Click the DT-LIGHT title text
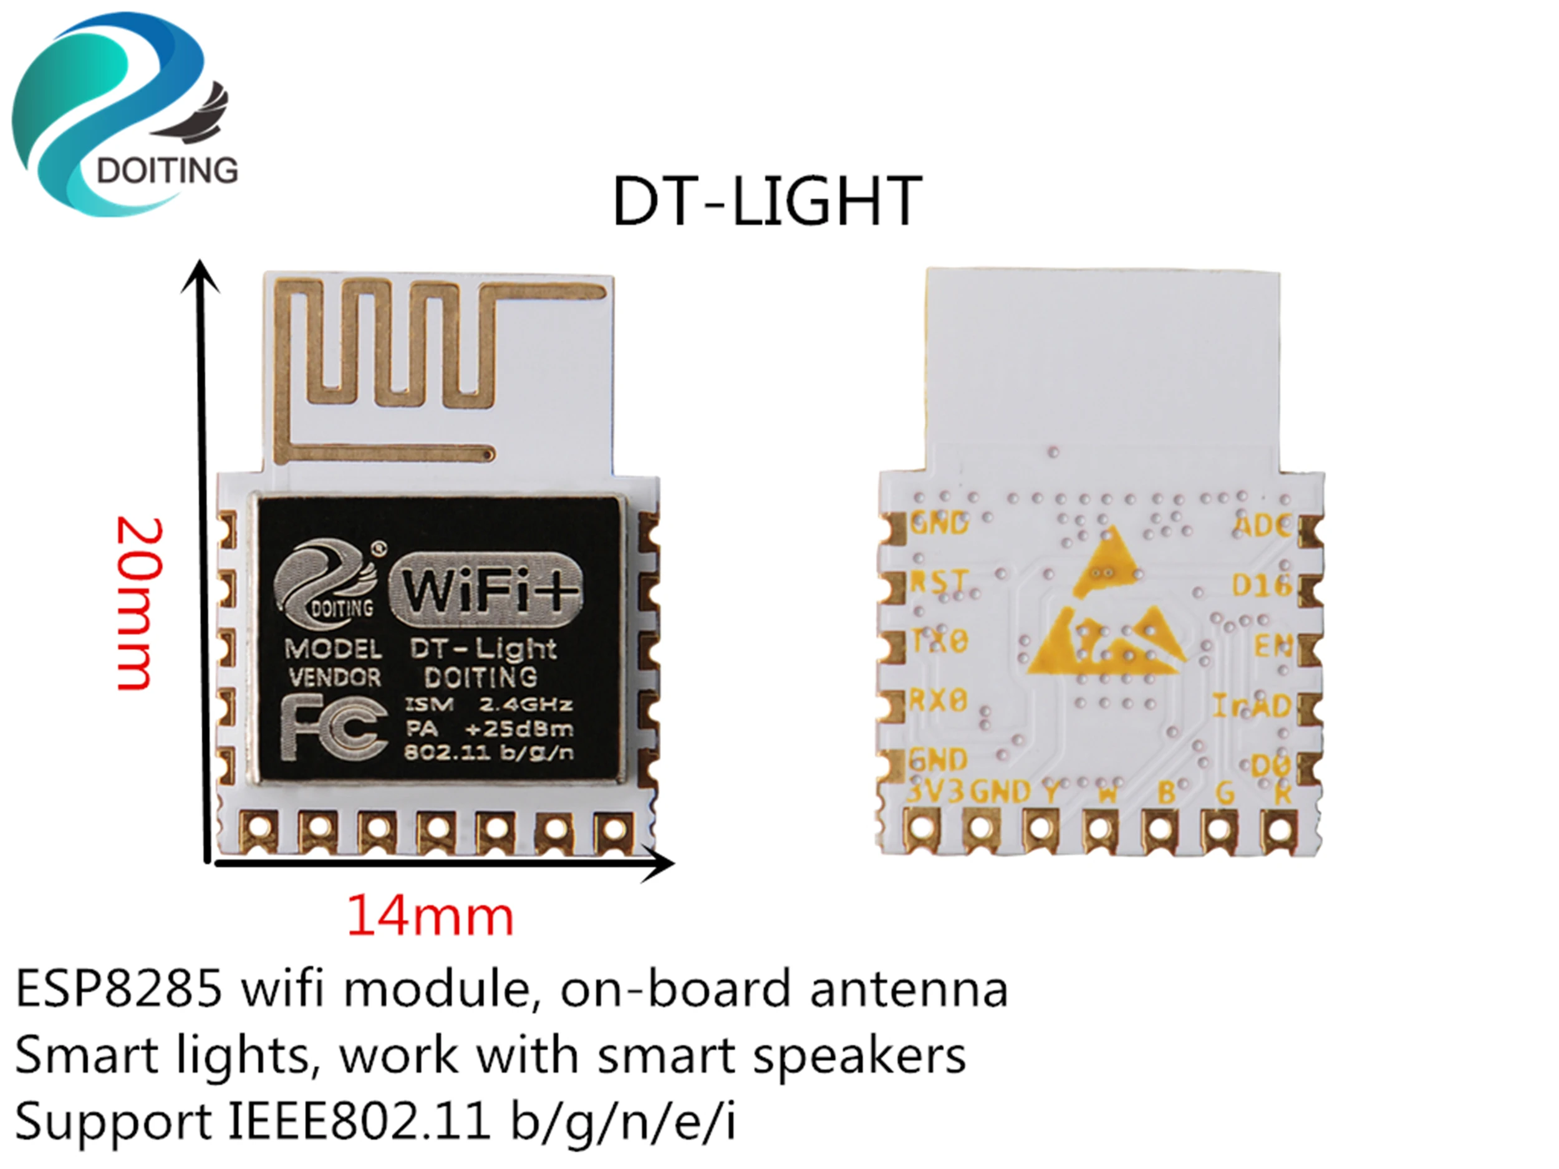tap(767, 201)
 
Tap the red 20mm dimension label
tap(139, 604)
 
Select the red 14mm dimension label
tap(430, 916)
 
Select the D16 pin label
tap(1262, 585)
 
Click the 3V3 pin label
tap(935, 792)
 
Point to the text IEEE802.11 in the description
tap(359, 1120)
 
